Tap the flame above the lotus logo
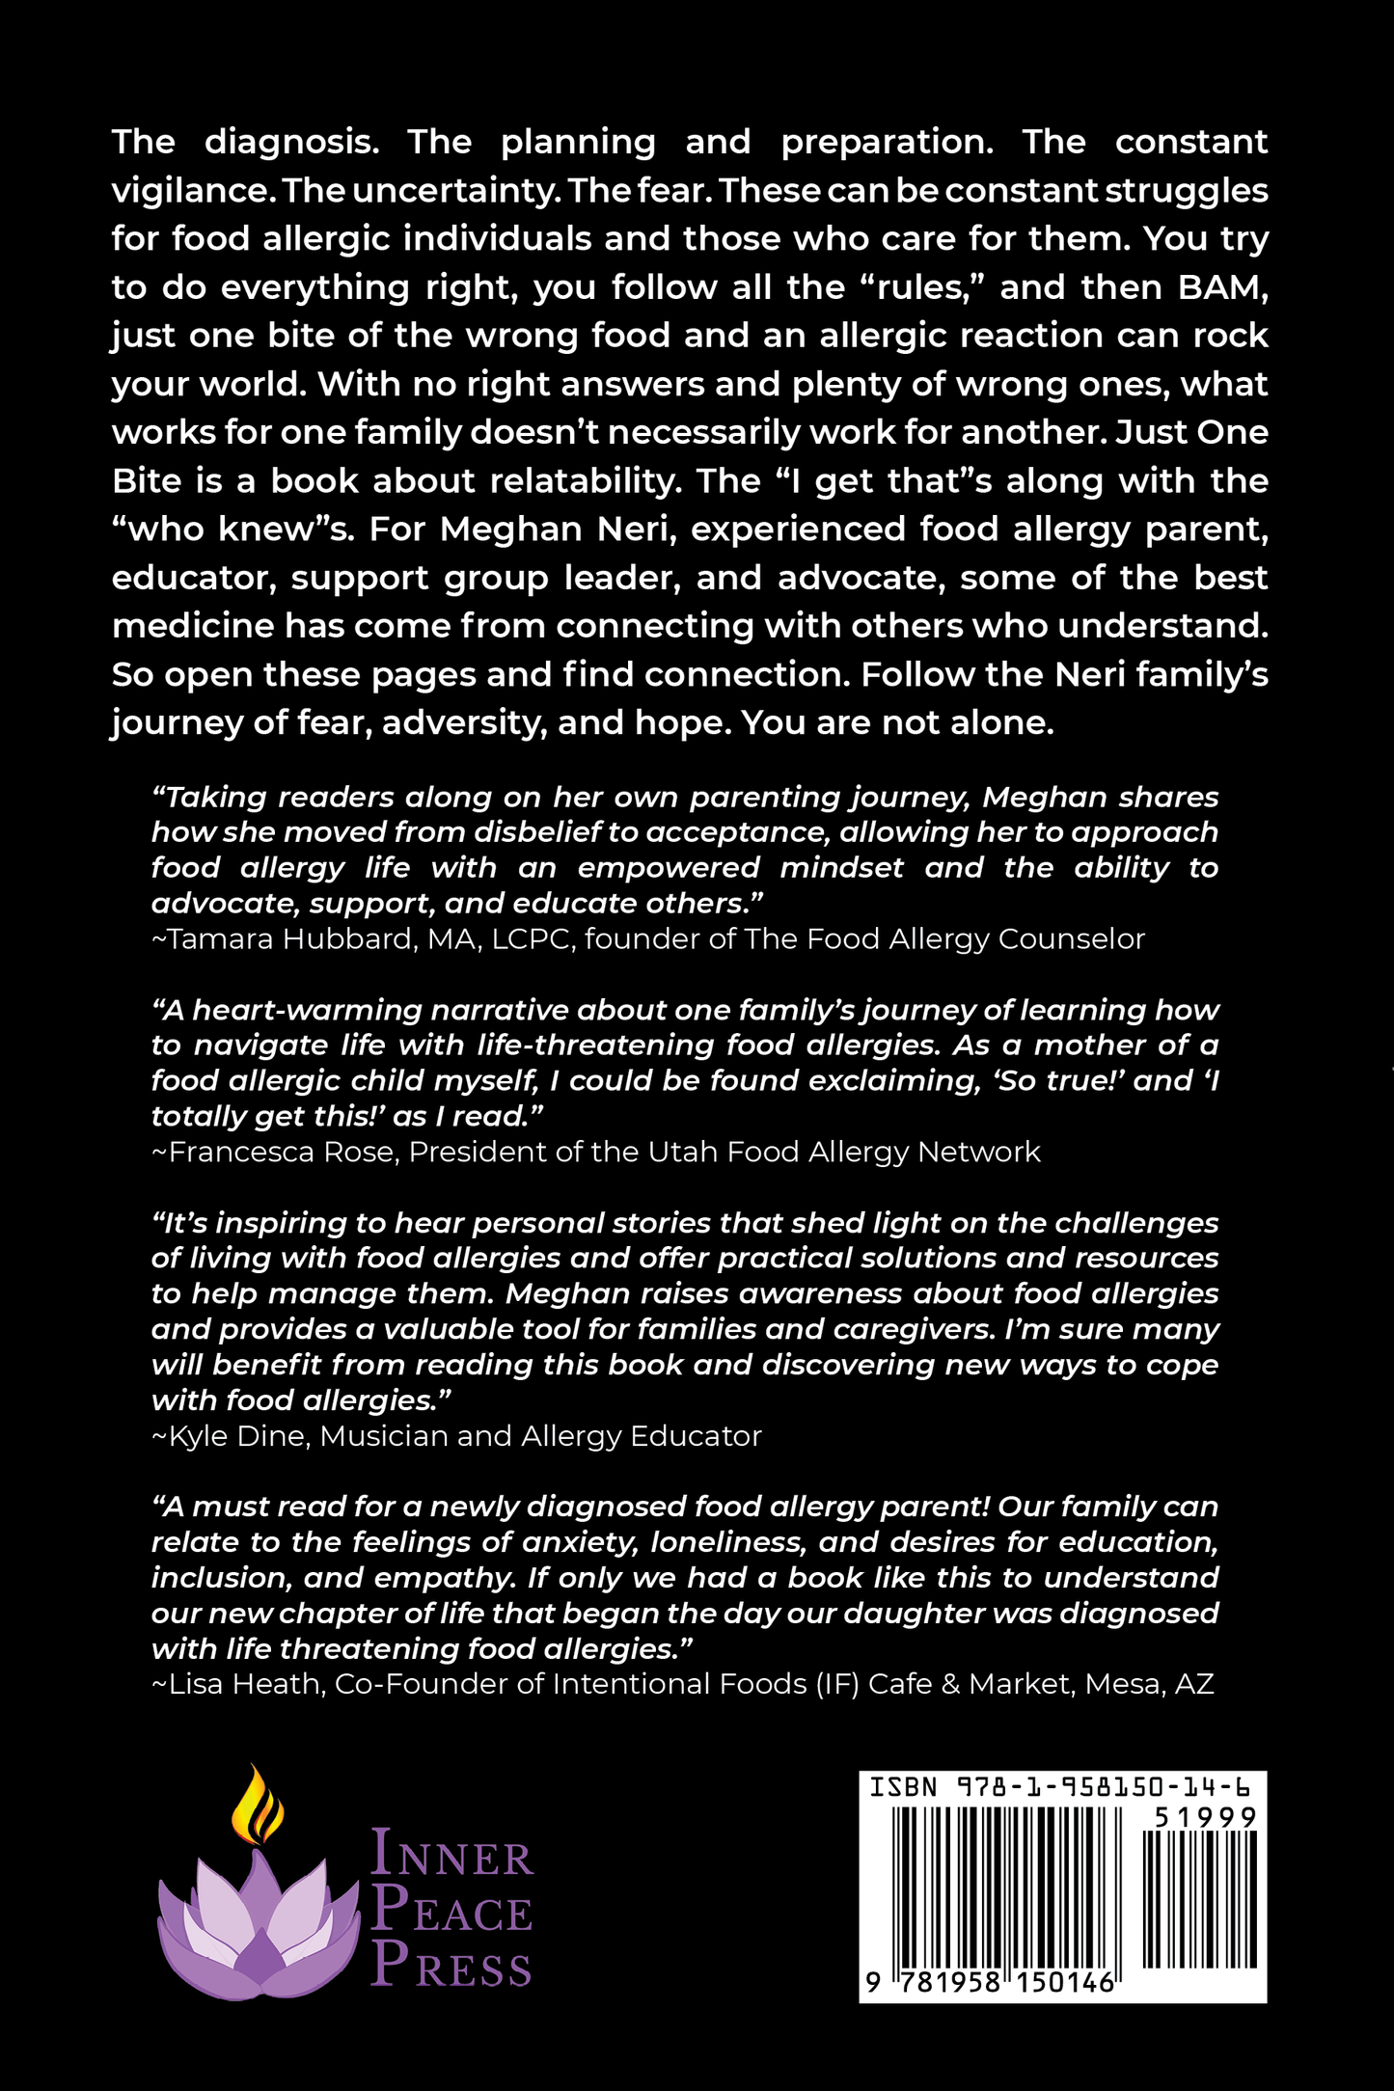(258, 1804)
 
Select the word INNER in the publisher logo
(451, 1853)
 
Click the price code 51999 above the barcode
(1206, 1817)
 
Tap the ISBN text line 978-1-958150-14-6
(1060, 1787)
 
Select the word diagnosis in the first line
(291, 143)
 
